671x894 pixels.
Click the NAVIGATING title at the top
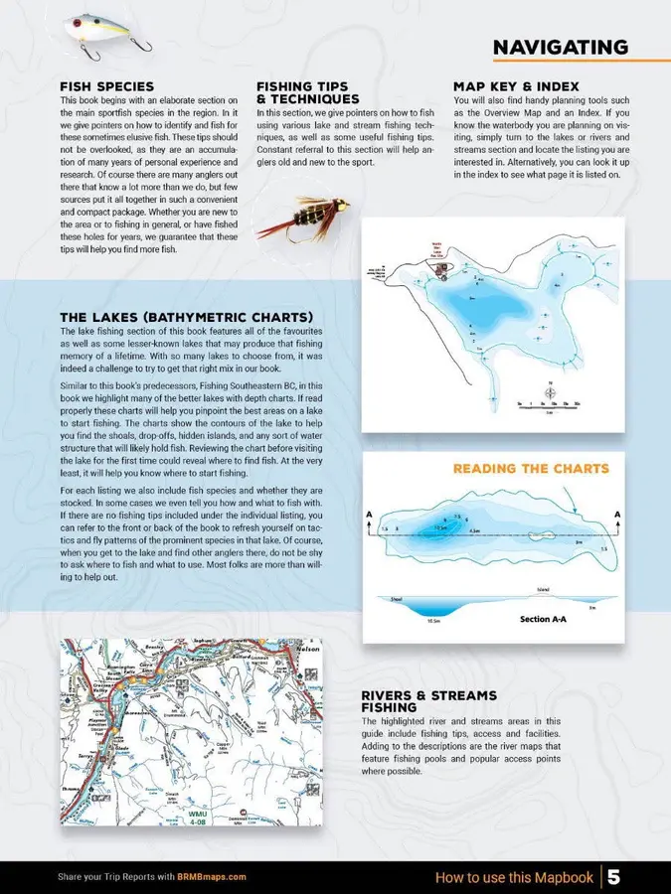(x=560, y=48)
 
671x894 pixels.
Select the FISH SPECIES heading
(x=106, y=86)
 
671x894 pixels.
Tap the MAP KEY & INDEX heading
(x=515, y=86)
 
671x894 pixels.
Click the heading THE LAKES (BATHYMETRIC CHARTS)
(x=187, y=318)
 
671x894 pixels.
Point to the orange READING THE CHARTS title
(x=531, y=468)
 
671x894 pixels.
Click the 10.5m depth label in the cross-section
(x=433, y=620)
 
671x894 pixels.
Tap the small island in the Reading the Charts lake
(x=459, y=522)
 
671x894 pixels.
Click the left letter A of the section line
(x=371, y=514)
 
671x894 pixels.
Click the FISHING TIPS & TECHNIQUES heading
(x=308, y=92)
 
